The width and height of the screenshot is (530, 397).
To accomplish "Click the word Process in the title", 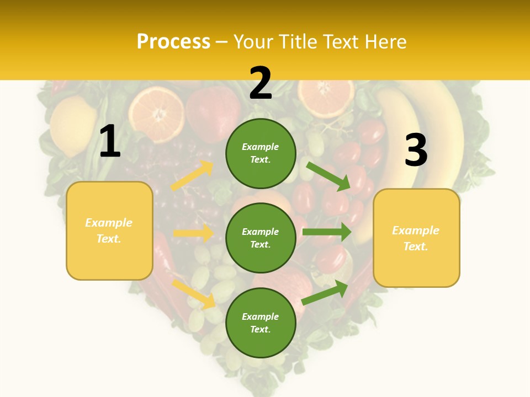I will pyautogui.click(x=173, y=42).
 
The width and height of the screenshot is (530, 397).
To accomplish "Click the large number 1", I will pyautogui.click(x=110, y=141).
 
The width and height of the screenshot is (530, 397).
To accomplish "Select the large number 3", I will pyautogui.click(x=416, y=151).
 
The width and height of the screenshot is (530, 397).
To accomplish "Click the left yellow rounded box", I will pyautogui.click(x=109, y=230).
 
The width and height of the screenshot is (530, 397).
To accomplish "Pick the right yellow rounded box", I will pyautogui.click(x=416, y=238).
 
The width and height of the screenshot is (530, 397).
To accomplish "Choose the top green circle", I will pyautogui.click(x=261, y=153).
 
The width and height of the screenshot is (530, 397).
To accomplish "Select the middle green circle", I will pyautogui.click(x=261, y=238).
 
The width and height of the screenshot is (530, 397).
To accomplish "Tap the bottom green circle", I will pyautogui.click(x=261, y=323).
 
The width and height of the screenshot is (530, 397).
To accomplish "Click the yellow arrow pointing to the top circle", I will pyautogui.click(x=192, y=176).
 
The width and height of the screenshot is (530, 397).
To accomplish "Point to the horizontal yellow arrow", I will pyautogui.click(x=193, y=233).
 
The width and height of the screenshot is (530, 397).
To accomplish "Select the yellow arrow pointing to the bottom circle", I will pyautogui.click(x=194, y=294).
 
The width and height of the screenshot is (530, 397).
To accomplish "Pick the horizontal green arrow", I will pyautogui.click(x=327, y=232).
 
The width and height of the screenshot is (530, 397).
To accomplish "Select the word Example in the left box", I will pyautogui.click(x=109, y=223).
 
